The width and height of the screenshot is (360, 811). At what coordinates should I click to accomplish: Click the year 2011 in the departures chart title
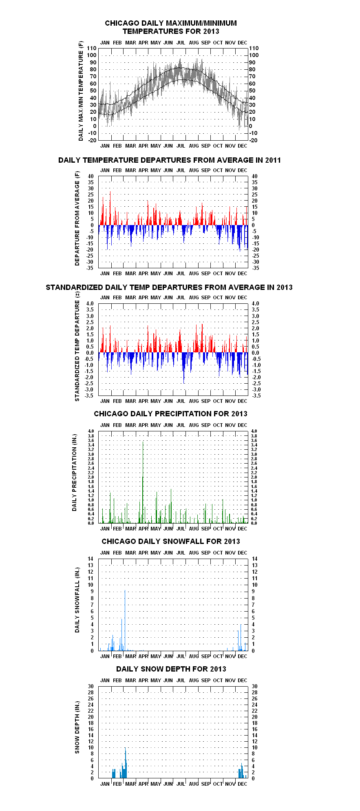(272, 160)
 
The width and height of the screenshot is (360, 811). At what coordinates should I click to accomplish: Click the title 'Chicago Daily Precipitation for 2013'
(170, 414)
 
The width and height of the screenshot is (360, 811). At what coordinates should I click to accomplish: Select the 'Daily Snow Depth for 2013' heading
(171, 669)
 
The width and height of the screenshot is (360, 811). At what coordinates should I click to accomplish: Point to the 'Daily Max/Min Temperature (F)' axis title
(81, 91)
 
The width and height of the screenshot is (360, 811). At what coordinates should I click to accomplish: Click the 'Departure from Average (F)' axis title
(77, 219)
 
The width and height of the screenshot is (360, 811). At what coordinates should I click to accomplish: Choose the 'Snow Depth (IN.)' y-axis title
(77, 727)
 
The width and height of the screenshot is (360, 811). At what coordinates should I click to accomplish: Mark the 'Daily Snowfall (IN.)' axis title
(77, 600)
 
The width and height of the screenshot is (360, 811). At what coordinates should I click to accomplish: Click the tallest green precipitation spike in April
(143, 481)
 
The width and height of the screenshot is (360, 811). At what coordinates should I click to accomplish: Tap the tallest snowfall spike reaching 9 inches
(125, 620)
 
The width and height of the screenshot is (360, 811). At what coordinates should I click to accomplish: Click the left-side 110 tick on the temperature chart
(91, 48)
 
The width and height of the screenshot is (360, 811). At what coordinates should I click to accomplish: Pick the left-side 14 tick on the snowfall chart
(91, 559)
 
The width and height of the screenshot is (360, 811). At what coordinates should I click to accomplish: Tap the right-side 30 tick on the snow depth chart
(255, 687)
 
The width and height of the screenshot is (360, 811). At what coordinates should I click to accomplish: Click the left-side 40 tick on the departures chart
(91, 176)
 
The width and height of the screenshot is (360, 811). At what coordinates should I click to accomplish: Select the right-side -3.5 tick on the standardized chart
(256, 396)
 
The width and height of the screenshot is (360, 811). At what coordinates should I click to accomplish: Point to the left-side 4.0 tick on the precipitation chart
(91, 431)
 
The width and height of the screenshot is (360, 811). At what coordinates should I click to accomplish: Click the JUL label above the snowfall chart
(181, 552)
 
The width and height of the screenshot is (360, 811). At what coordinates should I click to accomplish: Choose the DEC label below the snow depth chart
(242, 784)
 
